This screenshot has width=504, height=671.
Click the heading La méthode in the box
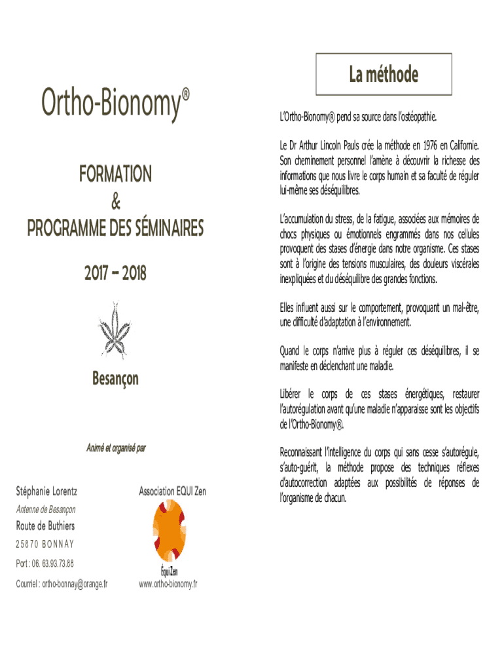pos(383,75)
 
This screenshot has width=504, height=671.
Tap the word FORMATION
pos(115,174)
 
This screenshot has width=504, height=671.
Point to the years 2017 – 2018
pos(115,273)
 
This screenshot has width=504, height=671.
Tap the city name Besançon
pos(115,379)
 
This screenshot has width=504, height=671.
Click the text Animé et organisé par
pos(115,448)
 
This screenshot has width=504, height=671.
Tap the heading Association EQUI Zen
pos(172,491)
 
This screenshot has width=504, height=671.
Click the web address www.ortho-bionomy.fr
pos(169,584)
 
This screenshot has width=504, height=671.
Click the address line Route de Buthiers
pos(45,526)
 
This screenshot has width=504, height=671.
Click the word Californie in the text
pos(459,144)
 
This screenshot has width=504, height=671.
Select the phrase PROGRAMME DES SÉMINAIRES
pos(115,229)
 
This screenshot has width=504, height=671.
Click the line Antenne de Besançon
pos(46,509)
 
